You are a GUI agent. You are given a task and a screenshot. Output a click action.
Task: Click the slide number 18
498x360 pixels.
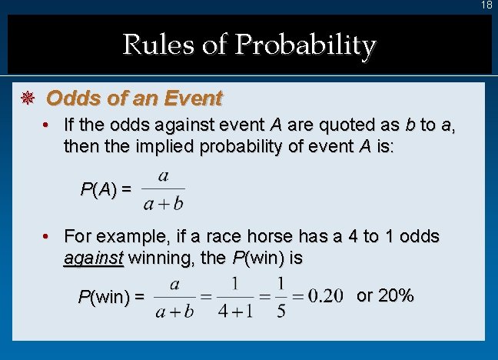[x=486, y=5]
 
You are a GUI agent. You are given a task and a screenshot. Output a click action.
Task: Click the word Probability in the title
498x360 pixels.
[x=305, y=45]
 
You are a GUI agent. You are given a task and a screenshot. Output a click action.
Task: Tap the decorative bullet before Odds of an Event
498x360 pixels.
[x=26, y=99]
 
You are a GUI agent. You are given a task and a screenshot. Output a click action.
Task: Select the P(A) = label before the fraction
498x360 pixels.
[x=106, y=189]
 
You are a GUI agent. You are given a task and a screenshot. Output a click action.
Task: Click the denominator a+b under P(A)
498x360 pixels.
[x=163, y=203]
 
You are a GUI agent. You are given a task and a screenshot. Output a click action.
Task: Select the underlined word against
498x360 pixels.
[x=93, y=258]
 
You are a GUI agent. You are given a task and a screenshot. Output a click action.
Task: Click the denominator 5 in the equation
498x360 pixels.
[x=281, y=312]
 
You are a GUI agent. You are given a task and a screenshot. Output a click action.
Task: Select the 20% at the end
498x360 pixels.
[x=396, y=295]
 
